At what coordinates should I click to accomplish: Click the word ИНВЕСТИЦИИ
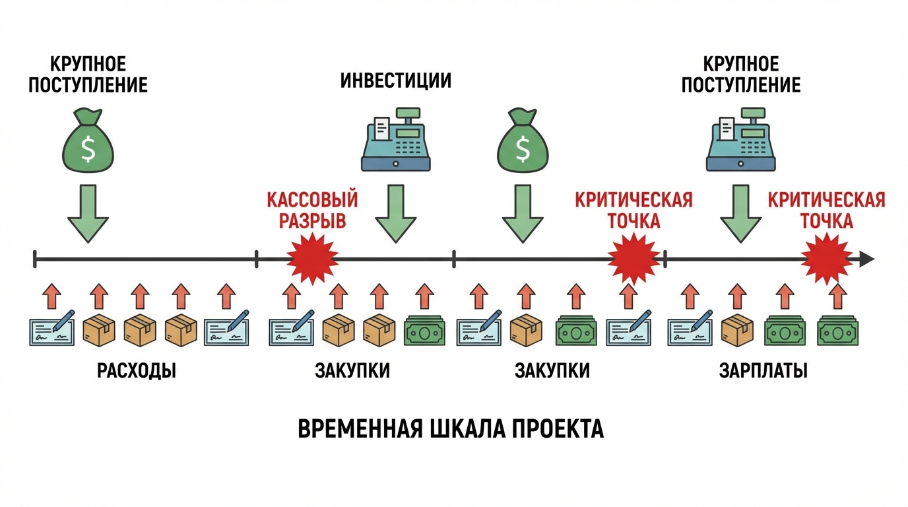396,81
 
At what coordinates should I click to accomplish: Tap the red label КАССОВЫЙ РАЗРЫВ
312,209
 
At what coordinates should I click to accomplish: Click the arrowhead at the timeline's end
866,259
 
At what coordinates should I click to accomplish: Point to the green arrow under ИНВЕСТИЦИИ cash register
396,213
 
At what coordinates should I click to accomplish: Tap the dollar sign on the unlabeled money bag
523,149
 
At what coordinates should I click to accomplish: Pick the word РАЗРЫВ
312,220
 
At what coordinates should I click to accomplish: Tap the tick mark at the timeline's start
35,259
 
